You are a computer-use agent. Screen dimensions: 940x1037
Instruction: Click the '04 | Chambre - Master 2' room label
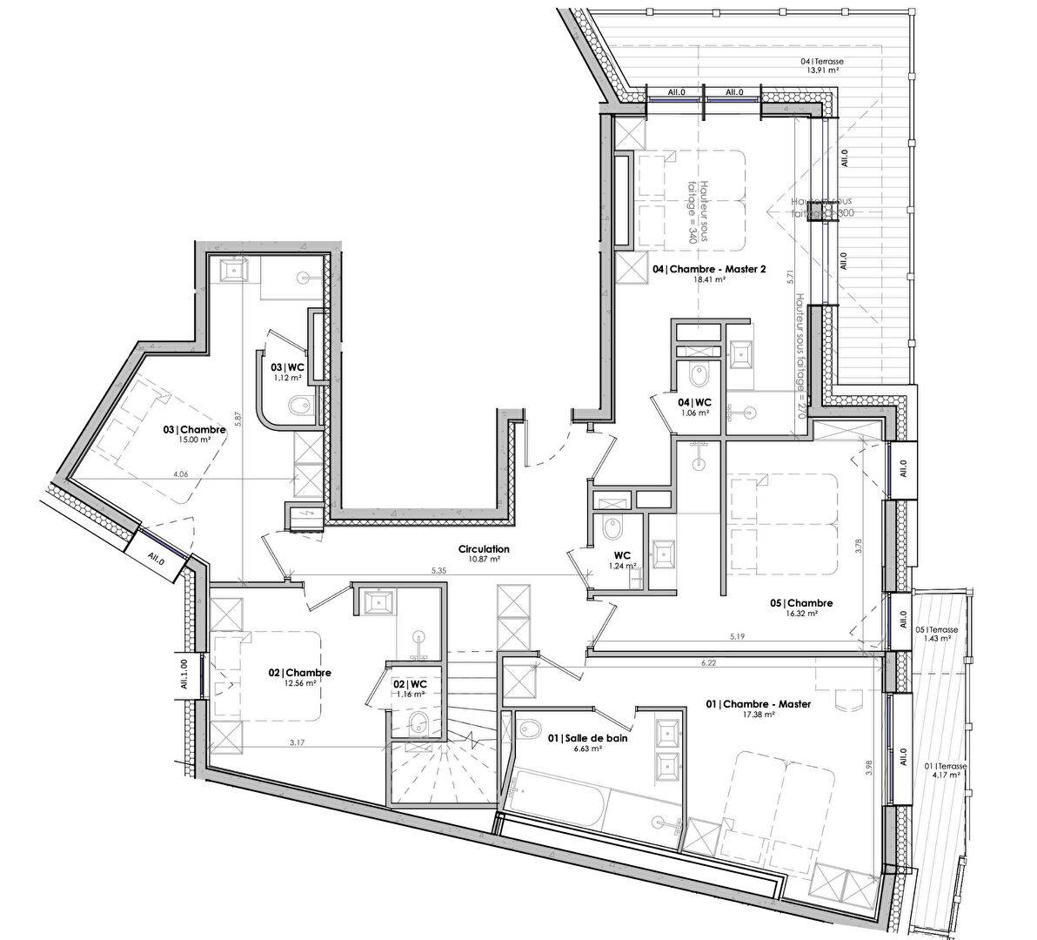click(x=709, y=269)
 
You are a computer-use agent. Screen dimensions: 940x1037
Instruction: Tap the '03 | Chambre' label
click(x=195, y=430)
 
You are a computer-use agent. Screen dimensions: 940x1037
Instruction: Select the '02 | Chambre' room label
click(x=299, y=673)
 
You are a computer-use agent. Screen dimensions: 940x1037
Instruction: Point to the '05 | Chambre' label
click(x=801, y=603)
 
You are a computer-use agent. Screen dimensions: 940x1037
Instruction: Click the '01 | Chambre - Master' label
click(x=759, y=704)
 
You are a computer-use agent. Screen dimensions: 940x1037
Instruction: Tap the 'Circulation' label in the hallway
click(x=484, y=549)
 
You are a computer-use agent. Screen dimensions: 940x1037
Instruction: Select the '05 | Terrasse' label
click(x=936, y=628)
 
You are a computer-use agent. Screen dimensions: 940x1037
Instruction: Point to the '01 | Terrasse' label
click(x=942, y=766)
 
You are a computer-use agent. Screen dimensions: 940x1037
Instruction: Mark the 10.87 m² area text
click(x=484, y=560)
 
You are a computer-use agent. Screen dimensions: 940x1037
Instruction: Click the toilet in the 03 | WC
click(x=298, y=406)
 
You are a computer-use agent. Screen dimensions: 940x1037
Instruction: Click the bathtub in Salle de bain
click(x=557, y=796)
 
